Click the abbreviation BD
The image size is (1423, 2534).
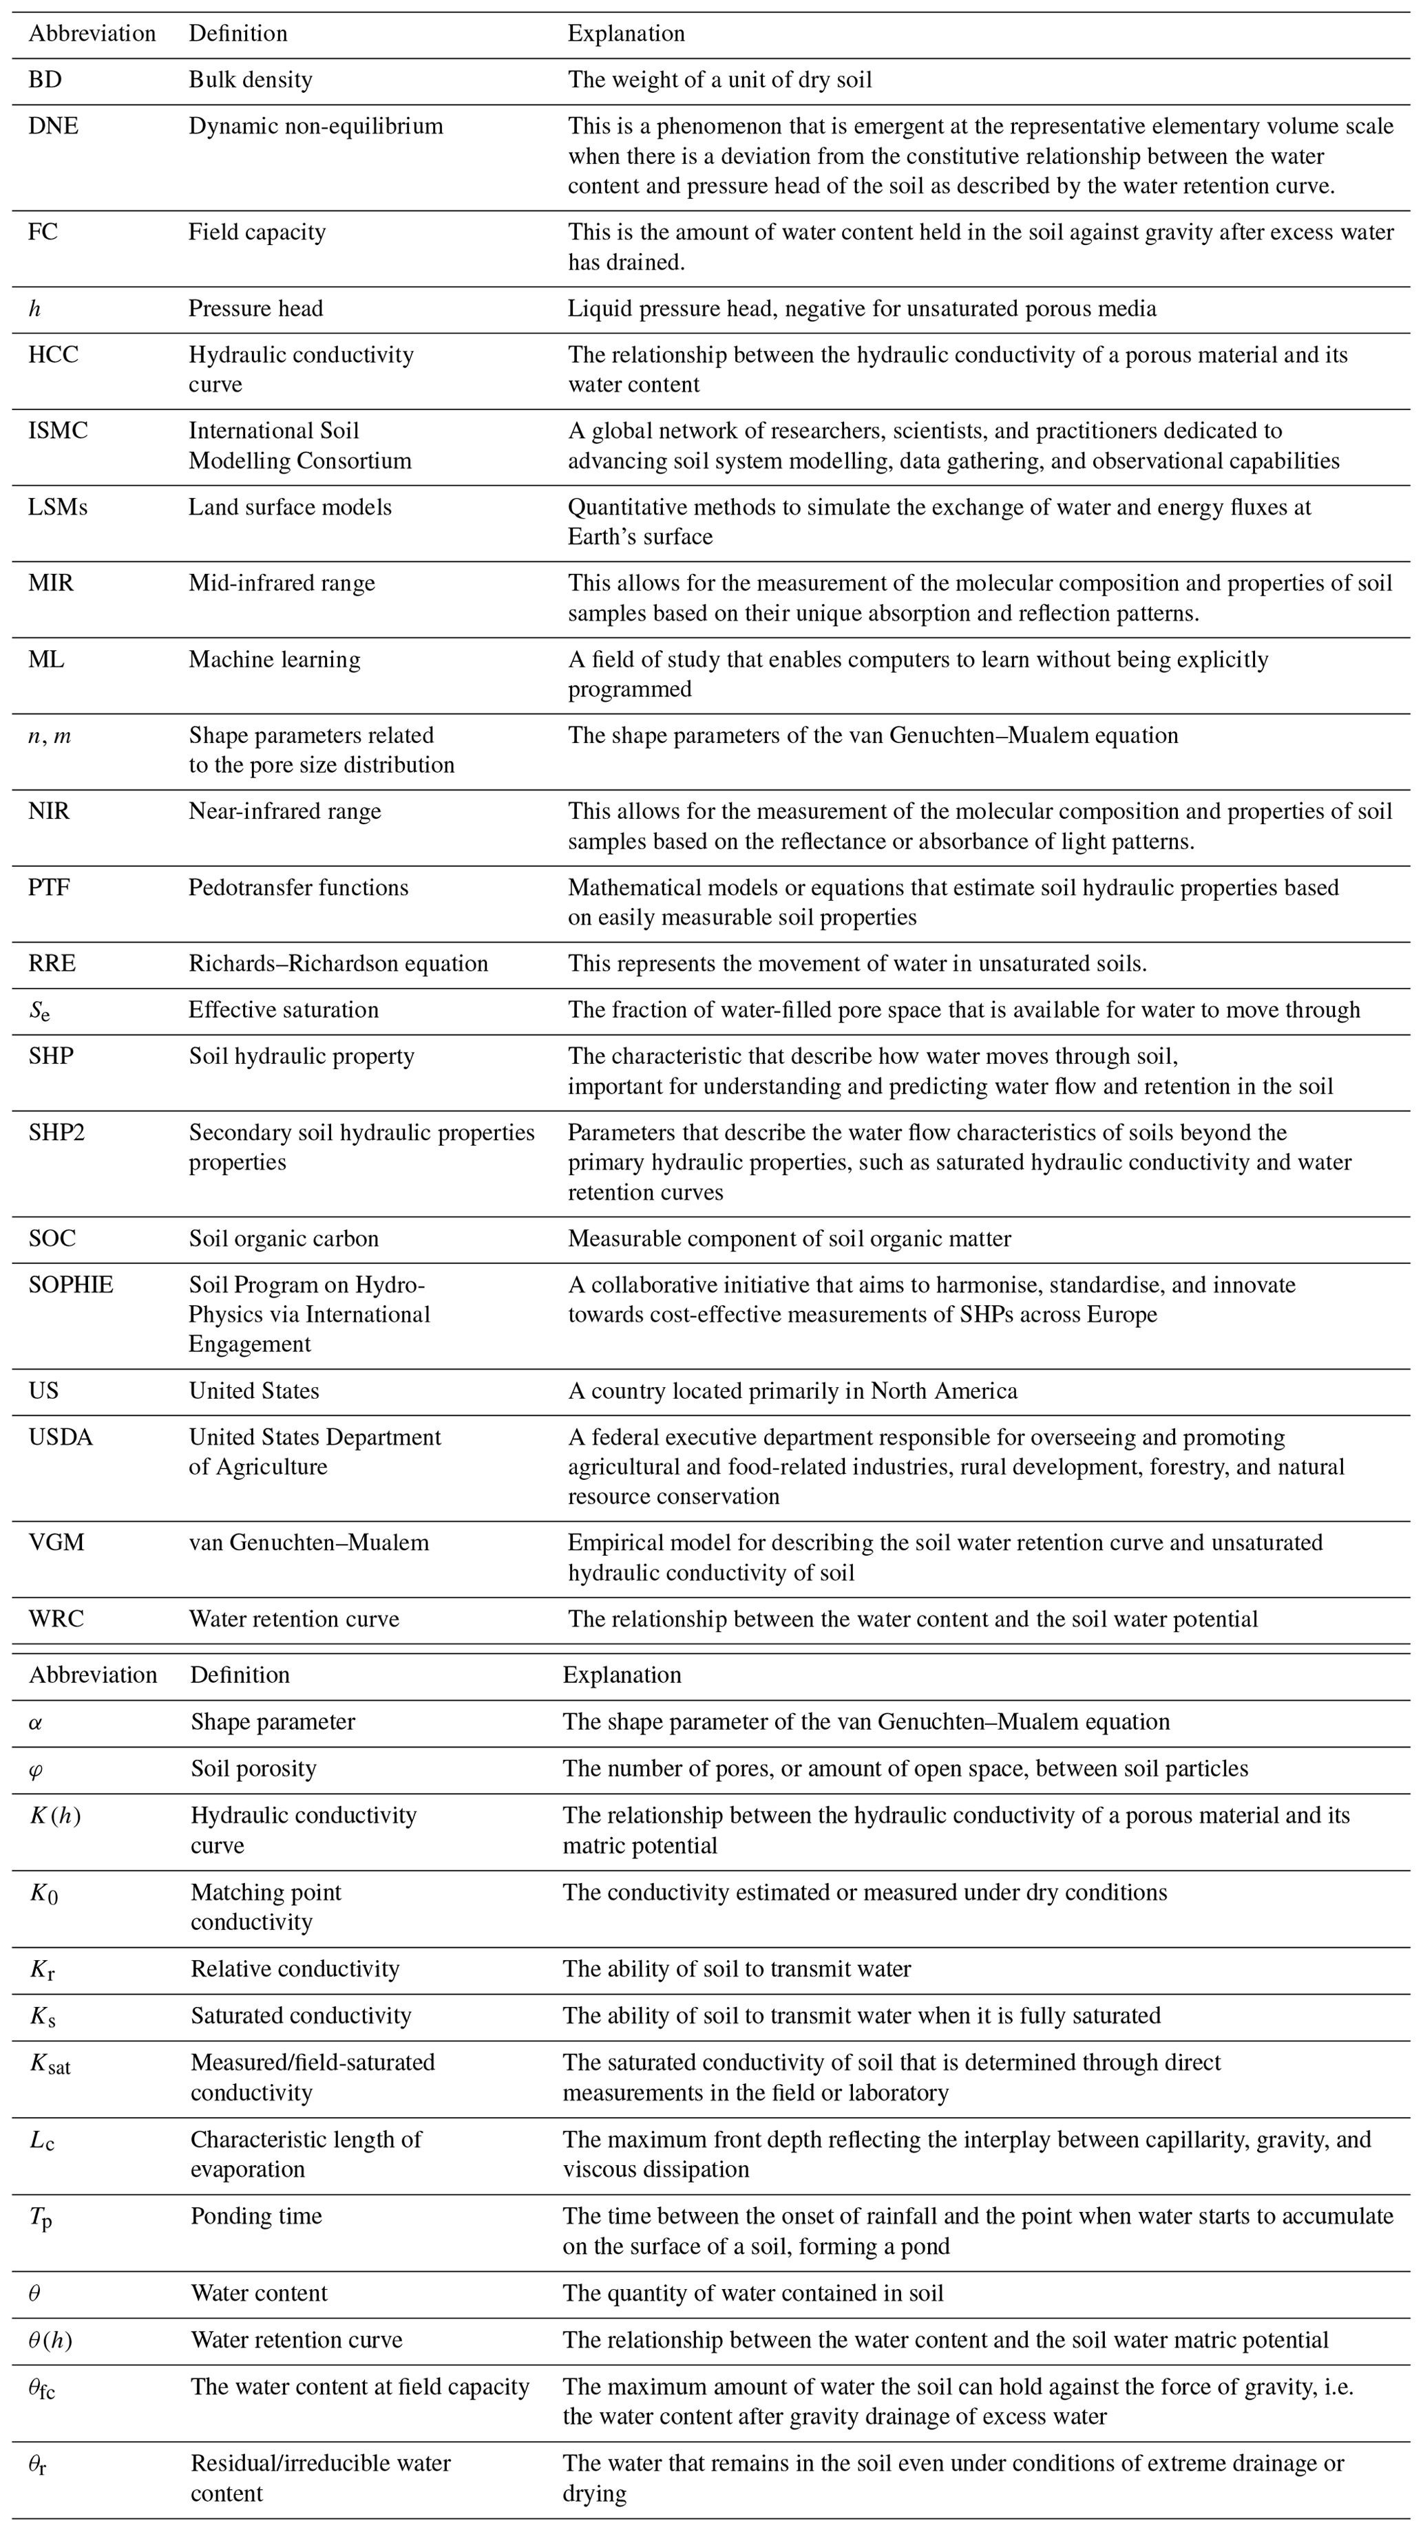click(45, 80)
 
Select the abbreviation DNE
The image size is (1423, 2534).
click(53, 126)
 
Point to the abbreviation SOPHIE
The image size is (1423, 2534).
click(71, 1285)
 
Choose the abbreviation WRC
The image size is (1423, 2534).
click(56, 1619)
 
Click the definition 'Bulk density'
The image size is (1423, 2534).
click(251, 80)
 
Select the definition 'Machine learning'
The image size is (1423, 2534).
click(275, 659)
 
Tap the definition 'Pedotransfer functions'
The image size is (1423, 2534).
click(298, 888)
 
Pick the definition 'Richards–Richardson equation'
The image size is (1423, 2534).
click(339, 963)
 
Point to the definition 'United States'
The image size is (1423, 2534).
click(254, 1391)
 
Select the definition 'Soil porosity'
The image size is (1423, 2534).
click(254, 1769)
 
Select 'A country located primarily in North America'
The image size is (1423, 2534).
click(792, 1391)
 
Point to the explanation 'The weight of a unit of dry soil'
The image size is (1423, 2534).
click(719, 80)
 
